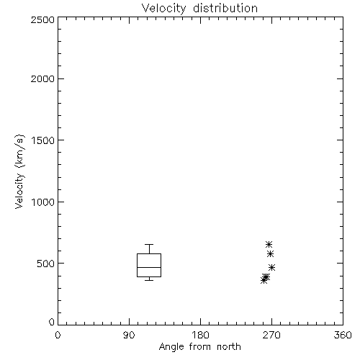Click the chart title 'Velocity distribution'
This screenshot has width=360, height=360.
[199, 8]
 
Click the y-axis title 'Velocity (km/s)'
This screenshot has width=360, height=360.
[19, 171]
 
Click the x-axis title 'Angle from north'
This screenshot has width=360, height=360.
[199, 347]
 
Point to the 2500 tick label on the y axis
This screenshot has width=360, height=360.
[42, 19]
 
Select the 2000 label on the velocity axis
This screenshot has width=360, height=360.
[42, 78]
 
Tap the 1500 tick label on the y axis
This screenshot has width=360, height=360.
[43, 140]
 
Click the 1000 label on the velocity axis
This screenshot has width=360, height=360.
[43, 202]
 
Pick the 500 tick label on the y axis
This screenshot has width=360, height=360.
[46, 264]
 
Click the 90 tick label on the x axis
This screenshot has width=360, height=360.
[129, 335]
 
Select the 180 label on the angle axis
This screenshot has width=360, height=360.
[200, 335]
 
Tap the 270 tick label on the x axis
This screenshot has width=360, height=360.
[271, 335]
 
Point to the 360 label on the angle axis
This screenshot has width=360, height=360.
[343, 335]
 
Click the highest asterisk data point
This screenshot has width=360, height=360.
[269, 245]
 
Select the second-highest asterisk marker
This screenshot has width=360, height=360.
[271, 254]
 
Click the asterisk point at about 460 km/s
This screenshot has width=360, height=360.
[271, 268]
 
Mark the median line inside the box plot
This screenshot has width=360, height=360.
[149, 267]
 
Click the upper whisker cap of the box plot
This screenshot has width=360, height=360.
[149, 245]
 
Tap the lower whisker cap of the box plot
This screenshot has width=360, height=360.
[149, 280]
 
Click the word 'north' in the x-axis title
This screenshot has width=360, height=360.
[229, 347]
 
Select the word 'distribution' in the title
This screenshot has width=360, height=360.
[225, 8]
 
